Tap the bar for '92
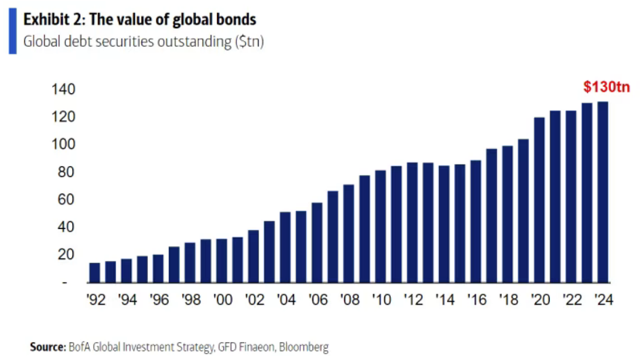pos(94,272)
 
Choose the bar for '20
pos(539,200)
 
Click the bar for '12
pos(412,222)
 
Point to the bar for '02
pos(253,256)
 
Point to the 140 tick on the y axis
pos(62,89)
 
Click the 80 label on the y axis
pos(65,172)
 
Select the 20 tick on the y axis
pos(65,254)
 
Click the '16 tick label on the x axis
pos(476,301)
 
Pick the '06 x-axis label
pos(317,301)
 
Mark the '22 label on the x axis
pos(571,301)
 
